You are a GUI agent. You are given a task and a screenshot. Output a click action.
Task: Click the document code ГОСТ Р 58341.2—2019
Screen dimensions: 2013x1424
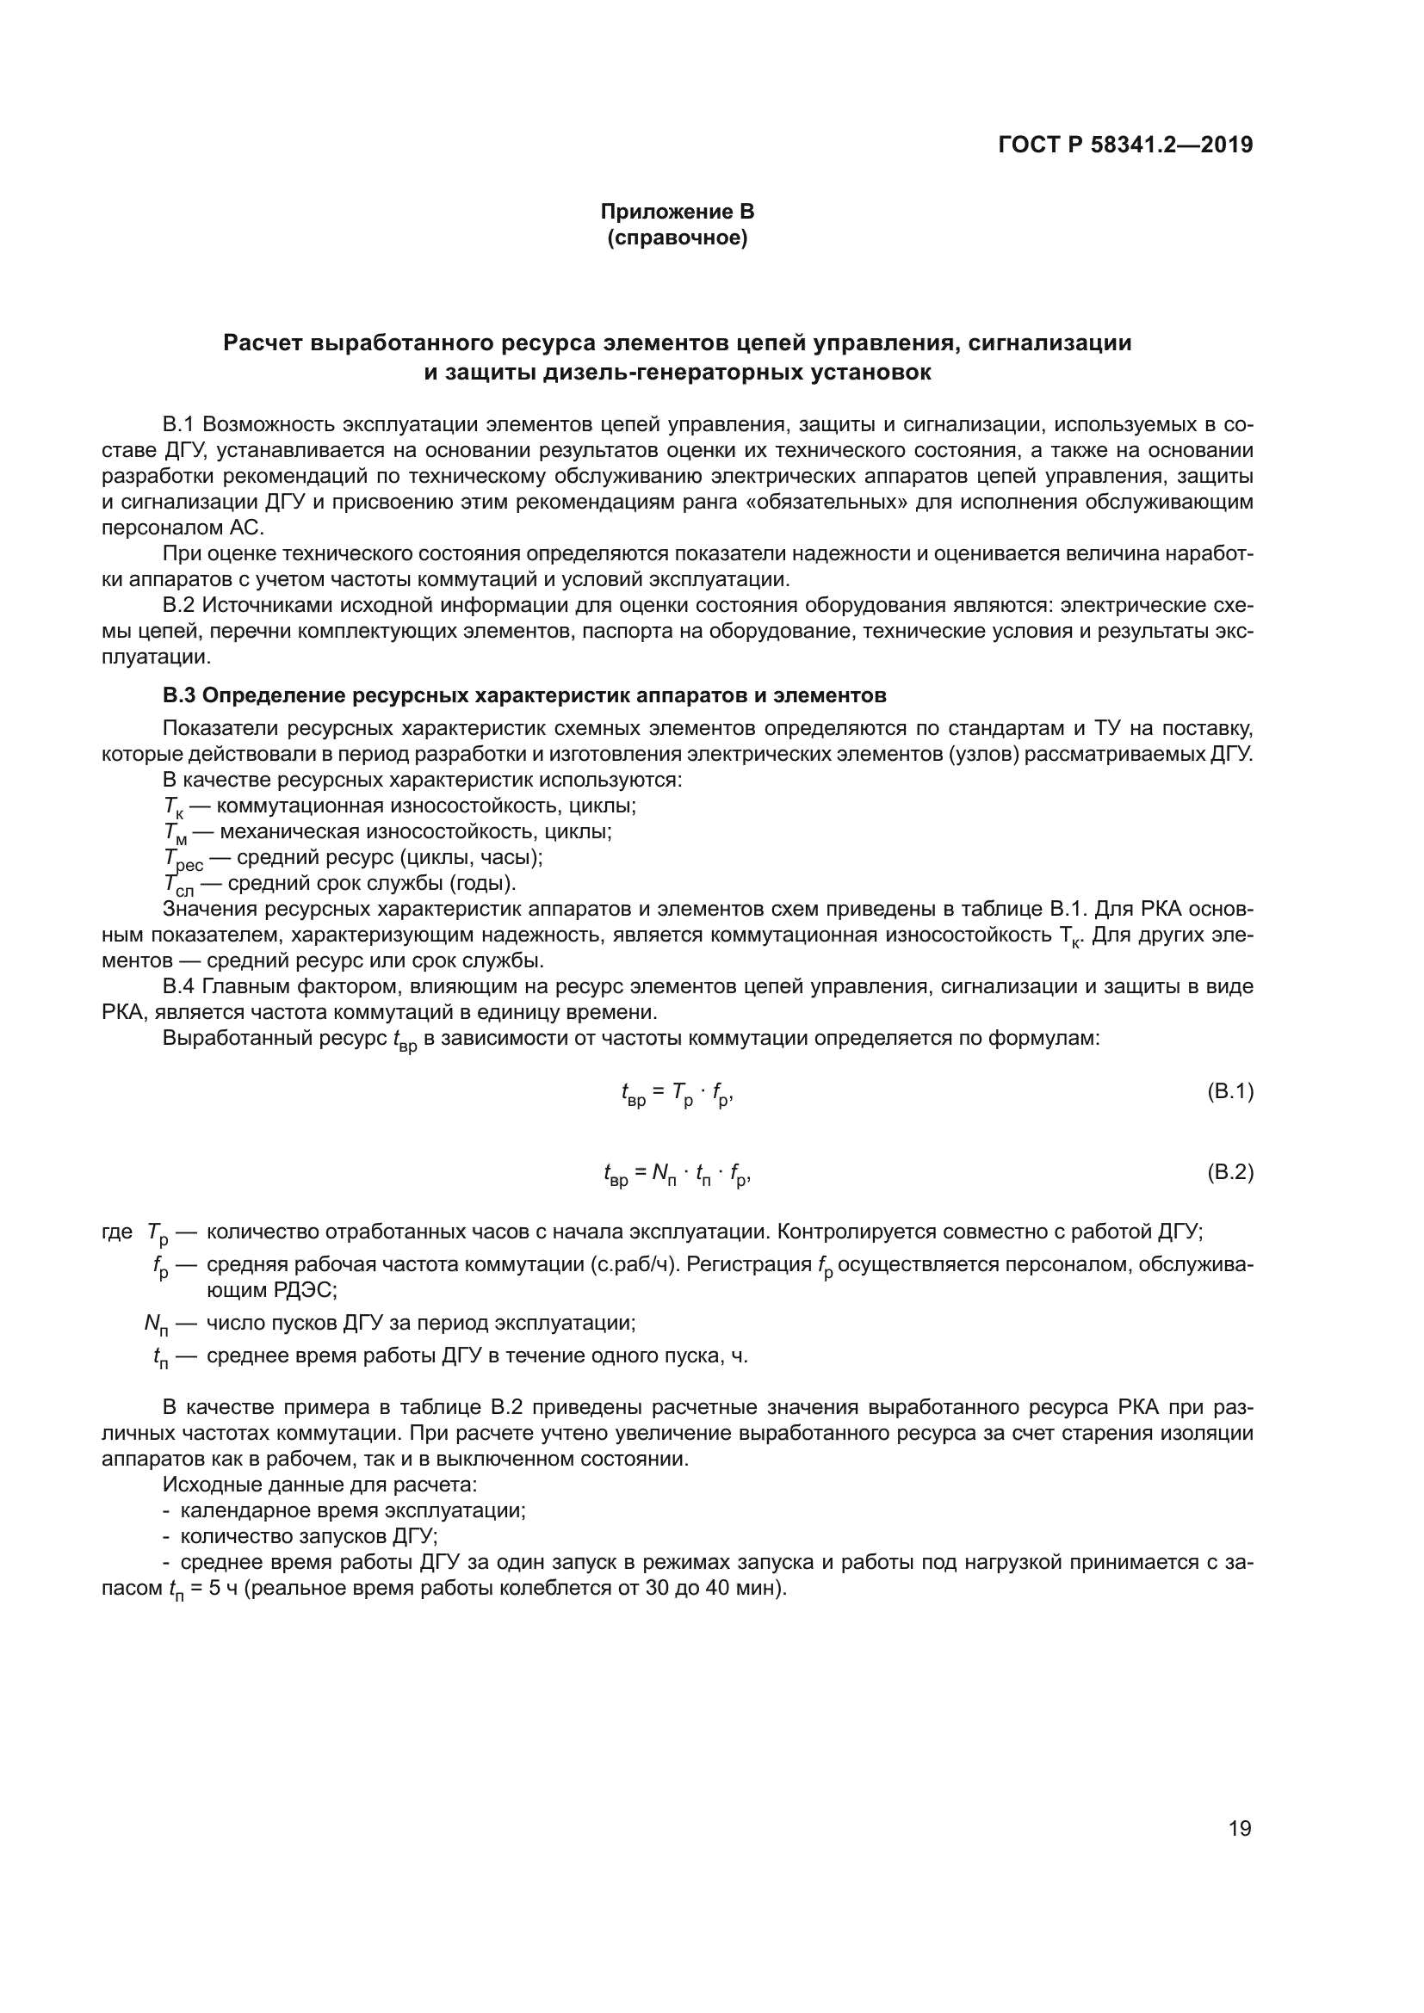tap(1125, 145)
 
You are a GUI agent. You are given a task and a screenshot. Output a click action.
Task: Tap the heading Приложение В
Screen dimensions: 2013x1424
tap(677, 212)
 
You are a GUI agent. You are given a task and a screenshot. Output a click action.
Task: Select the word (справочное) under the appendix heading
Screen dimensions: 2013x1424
tap(677, 238)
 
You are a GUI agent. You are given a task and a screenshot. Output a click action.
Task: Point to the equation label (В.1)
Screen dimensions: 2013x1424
tap(1230, 1091)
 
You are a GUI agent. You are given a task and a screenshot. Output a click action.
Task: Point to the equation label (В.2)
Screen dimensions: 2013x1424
tap(1230, 1172)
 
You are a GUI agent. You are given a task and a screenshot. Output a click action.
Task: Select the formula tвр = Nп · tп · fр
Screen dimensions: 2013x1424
tap(677, 1174)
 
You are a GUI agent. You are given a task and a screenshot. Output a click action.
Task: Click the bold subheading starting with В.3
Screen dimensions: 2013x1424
tap(524, 695)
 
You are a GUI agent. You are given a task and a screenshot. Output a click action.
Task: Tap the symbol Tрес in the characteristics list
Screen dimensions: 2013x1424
tap(183, 859)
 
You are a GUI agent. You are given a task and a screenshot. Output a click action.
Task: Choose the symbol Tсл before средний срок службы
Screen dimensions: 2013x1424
tap(178, 885)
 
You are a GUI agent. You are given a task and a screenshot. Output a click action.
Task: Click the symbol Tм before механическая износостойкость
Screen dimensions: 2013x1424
tap(175, 834)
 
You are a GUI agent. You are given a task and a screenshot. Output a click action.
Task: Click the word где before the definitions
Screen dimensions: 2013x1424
tap(117, 1232)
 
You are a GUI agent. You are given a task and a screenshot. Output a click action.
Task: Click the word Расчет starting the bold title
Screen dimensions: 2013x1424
tap(263, 343)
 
